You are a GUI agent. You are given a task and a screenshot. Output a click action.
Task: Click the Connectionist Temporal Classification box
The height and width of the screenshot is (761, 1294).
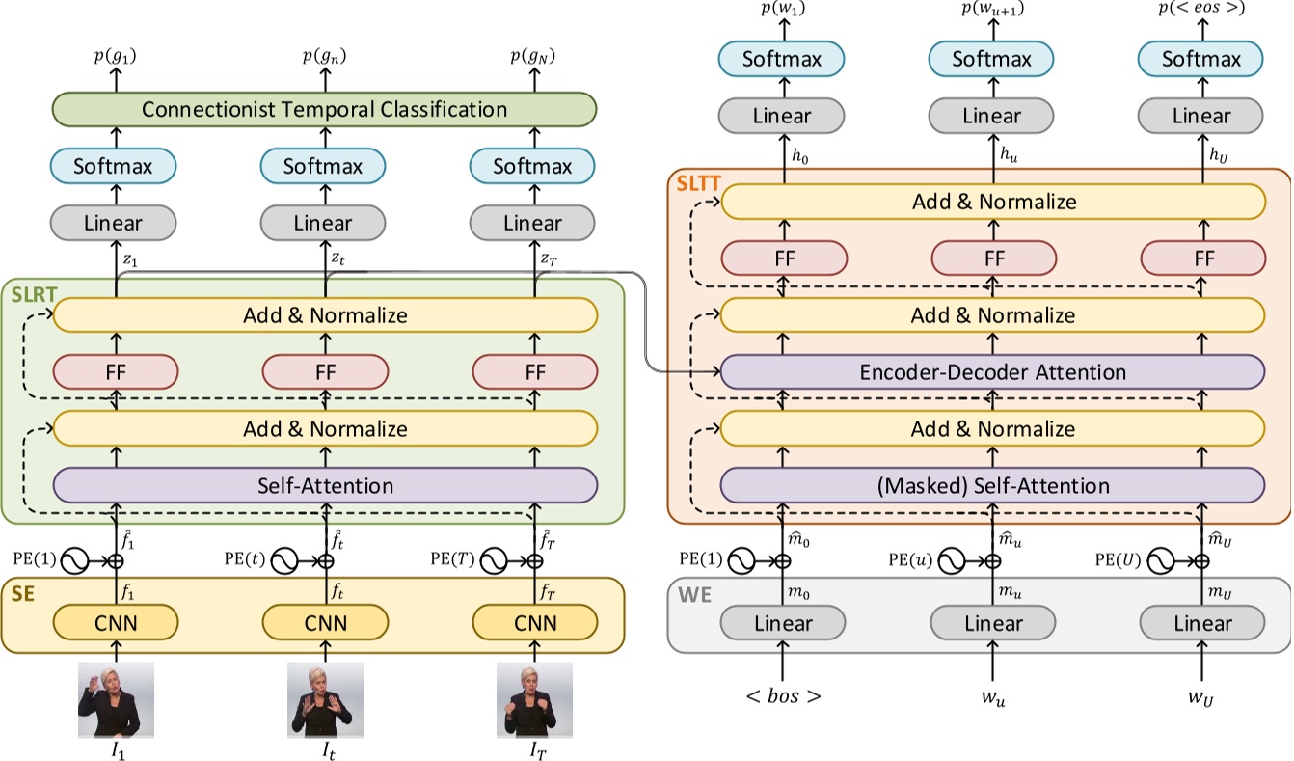pyautogui.click(x=324, y=109)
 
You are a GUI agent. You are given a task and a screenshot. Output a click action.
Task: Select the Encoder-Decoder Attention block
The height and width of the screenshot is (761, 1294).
pyautogui.click(x=992, y=371)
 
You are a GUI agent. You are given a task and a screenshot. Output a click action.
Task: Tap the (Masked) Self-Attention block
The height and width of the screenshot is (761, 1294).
pyautogui.click(x=992, y=484)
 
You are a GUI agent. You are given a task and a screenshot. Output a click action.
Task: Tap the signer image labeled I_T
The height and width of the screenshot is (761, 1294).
pyautogui.click(x=534, y=700)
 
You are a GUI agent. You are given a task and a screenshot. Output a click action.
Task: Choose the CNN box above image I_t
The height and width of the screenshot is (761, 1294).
pyautogui.click(x=325, y=623)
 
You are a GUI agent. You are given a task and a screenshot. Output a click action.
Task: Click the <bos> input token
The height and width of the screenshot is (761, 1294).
pyautogui.click(x=782, y=695)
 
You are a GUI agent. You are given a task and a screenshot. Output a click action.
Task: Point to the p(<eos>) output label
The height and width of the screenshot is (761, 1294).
pyautogui.click(x=1200, y=12)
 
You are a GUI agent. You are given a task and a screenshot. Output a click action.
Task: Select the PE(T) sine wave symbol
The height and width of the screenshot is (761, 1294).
pyautogui.click(x=494, y=559)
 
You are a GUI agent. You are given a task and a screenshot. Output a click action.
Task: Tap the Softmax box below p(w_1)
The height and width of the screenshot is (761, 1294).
pyautogui.click(x=782, y=60)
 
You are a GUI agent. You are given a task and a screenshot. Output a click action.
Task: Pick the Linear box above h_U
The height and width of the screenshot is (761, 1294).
pyautogui.click(x=1200, y=117)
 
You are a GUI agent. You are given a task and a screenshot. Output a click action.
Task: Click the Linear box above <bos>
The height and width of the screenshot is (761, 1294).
pyautogui.click(x=782, y=623)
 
